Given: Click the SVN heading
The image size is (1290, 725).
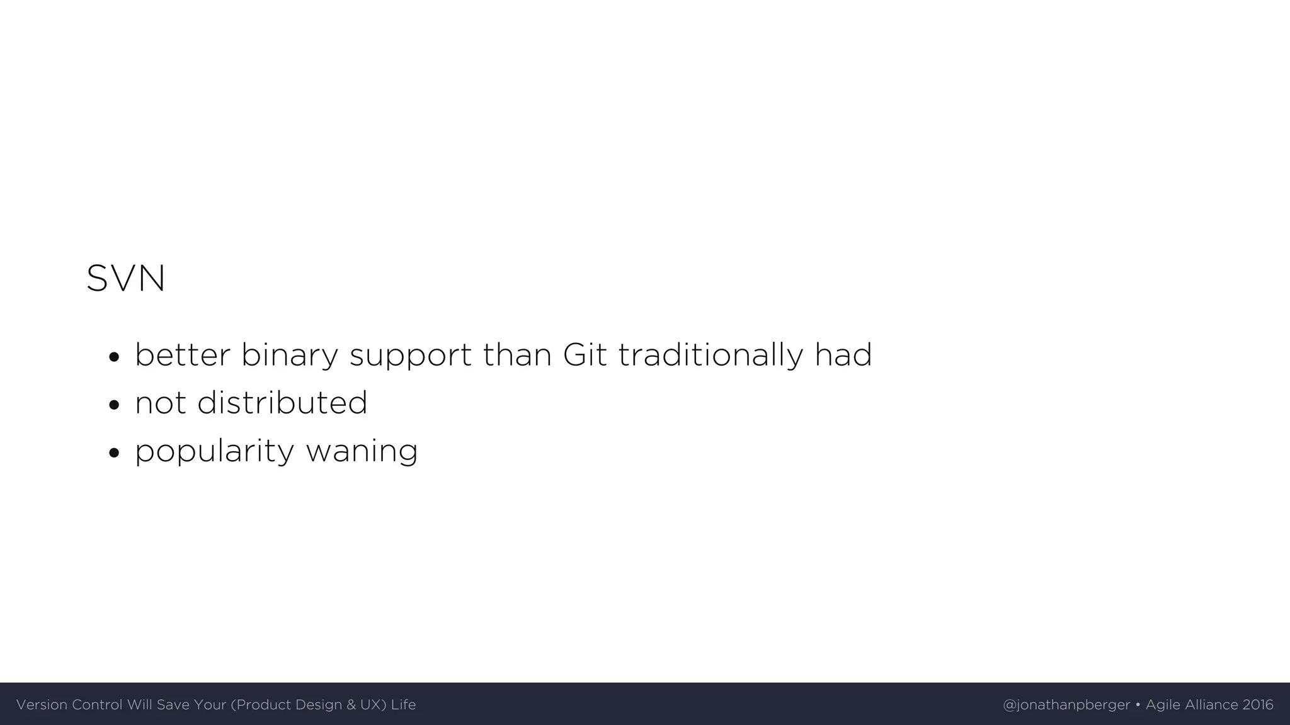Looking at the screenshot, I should (x=126, y=278).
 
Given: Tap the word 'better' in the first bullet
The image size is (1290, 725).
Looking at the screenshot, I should (x=183, y=355).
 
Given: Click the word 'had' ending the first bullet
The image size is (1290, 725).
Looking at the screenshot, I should (x=843, y=355).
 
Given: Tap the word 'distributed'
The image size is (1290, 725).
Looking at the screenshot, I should (x=282, y=403).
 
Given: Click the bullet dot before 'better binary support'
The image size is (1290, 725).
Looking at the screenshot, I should (x=113, y=357).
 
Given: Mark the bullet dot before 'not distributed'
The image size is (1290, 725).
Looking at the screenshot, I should (x=113, y=405).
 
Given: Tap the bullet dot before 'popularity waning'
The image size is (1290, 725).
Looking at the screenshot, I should (x=113, y=453).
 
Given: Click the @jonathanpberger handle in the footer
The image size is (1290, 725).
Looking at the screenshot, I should (x=1066, y=705).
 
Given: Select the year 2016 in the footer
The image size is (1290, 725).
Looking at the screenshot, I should (x=1258, y=705).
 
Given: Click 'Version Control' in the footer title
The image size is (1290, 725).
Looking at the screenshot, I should (x=69, y=705).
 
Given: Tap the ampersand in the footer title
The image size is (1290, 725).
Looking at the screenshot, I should (x=351, y=705).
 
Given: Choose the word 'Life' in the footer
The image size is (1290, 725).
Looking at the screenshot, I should (x=403, y=705).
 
